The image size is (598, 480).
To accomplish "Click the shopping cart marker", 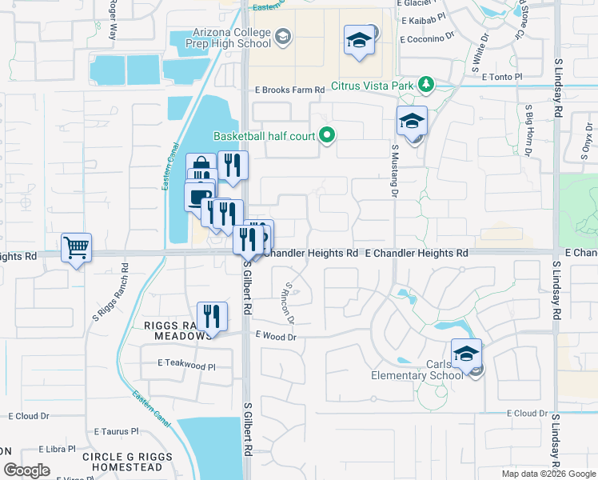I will pos(76,248).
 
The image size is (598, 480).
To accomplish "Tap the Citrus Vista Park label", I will pos(375,84).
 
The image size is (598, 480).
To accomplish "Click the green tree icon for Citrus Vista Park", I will pos(427,84).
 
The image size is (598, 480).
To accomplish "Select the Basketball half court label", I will pos(264,136).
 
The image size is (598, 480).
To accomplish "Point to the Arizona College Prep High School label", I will pos(231,38).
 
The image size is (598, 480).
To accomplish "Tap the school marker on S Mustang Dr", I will pos(412,122).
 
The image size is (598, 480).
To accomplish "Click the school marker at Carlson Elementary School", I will pos(466,354).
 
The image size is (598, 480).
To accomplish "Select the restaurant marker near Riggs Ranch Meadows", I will pos(212,316).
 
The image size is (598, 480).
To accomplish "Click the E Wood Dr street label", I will pos(276,338).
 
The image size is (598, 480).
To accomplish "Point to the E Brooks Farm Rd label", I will pos(289,91).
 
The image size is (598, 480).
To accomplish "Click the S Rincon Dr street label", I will pos(289,303).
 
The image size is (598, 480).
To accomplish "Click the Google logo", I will pos(26,470).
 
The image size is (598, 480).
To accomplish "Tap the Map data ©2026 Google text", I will pos(548,474).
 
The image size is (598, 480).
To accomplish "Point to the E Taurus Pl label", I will pos(116,431).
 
